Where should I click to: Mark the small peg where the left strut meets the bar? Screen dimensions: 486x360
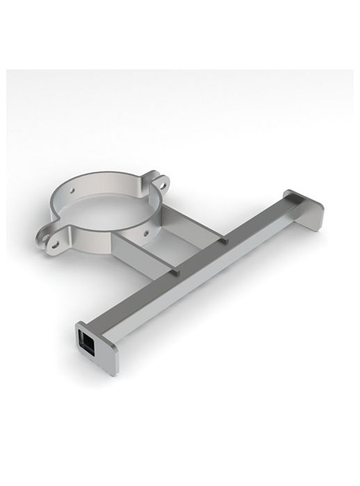click(x=177, y=274)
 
